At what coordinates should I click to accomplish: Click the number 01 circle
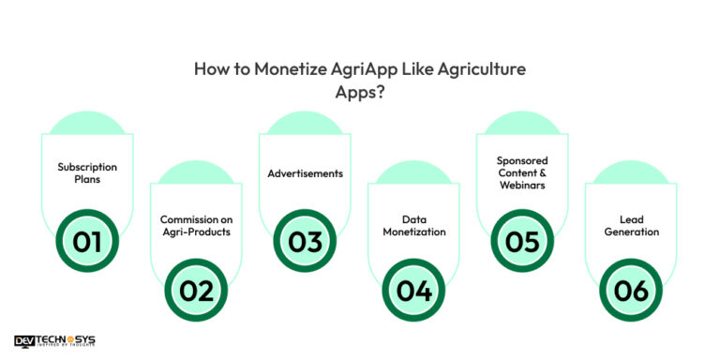click(87, 242)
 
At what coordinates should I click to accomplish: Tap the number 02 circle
click(196, 291)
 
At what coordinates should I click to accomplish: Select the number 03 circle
click(305, 242)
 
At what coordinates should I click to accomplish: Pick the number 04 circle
click(413, 291)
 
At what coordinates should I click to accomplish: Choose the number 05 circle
click(522, 242)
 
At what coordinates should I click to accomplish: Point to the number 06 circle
click(631, 291)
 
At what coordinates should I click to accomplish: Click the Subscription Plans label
click(87, 173)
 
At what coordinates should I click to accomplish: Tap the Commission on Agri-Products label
click(196, 225)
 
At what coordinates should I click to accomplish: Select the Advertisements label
click(305, 173)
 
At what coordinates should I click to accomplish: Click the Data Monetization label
click(413, 225)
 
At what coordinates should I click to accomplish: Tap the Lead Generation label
click(631, 225)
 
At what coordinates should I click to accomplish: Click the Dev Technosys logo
click(54, 342)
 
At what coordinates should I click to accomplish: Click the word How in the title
click(209, 68)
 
